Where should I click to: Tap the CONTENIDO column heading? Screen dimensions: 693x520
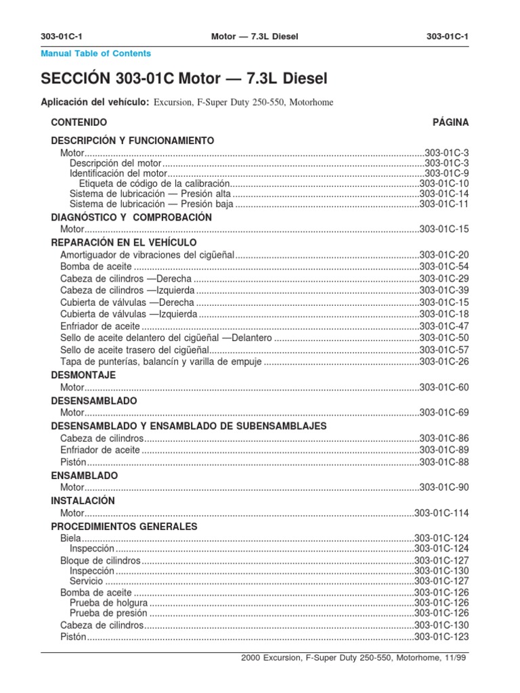[79, 122]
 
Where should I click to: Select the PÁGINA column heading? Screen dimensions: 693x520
[450, 122]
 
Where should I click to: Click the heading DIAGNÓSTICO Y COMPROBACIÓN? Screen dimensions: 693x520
[131, 217]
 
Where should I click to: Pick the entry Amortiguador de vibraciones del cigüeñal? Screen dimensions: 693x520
[147, 254]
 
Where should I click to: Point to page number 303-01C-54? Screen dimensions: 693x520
[443, 267]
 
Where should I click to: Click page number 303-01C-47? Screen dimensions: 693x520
[443, 326]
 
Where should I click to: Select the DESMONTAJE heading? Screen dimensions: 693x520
[84, 375]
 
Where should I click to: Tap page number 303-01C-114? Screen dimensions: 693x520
[441, 513]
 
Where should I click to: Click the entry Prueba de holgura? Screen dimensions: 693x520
[108, 603]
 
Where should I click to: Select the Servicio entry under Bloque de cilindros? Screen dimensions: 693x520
[87, 581]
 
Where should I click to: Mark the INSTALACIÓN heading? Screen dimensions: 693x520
[83, 501]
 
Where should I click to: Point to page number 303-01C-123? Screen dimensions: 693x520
[441, 636]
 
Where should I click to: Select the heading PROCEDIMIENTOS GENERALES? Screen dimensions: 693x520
[124, 526]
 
